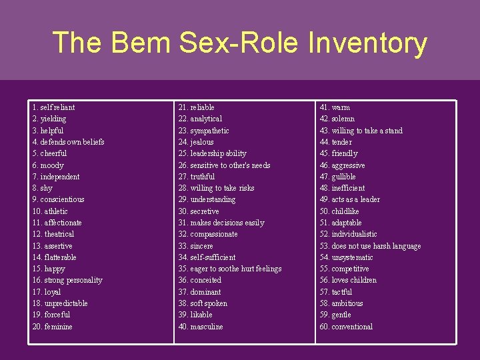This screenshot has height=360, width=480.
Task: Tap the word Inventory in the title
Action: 367,43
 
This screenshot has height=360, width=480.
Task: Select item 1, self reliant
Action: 53,107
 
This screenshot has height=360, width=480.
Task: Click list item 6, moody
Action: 48,165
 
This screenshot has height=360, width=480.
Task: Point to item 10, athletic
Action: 50,211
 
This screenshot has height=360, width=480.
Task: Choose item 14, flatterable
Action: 54,257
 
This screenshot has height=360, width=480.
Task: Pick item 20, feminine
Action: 52,327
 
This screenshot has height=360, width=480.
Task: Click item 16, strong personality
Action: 67,280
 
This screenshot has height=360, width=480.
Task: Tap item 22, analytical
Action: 200,119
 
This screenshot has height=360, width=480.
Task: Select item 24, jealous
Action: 195,142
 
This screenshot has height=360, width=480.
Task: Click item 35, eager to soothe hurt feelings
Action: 229,269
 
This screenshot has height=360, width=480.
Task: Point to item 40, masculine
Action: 200,327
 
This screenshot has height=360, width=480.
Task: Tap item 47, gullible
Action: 338,177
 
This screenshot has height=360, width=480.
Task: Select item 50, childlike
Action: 339,211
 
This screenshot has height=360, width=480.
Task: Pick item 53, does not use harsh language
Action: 370,246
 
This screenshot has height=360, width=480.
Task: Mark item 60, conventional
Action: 346,327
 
